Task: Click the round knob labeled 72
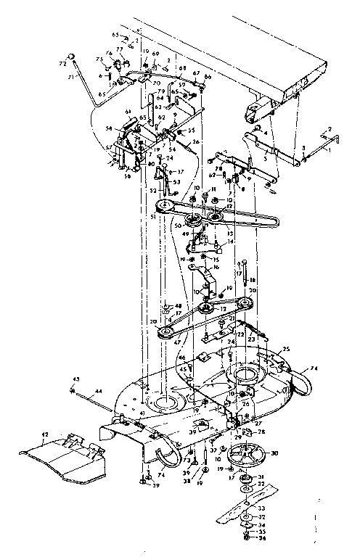(x=73, y=56)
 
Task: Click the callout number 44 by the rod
(x=100, y=392)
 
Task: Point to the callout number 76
(x=109, y=53)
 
